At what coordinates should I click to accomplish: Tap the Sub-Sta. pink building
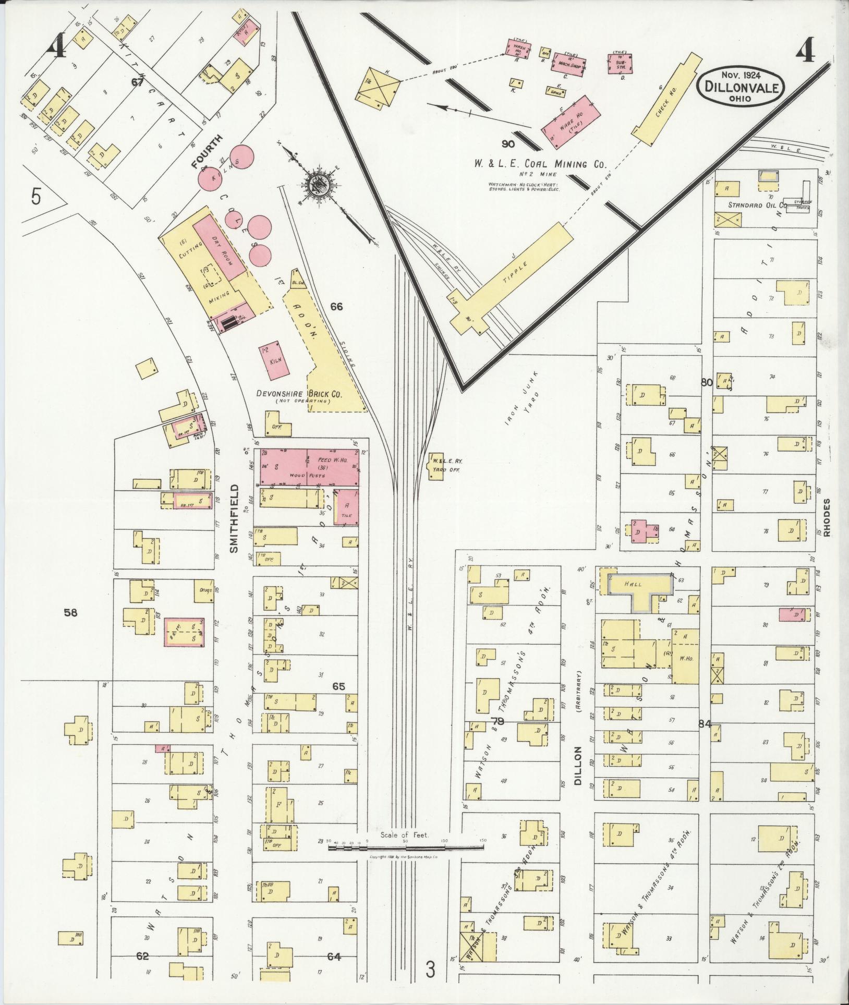coord(621,63)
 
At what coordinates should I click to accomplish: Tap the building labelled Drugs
coord(204,591)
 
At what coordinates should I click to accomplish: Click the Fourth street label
coord(207,152)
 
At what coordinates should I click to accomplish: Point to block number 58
coord(70,612)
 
